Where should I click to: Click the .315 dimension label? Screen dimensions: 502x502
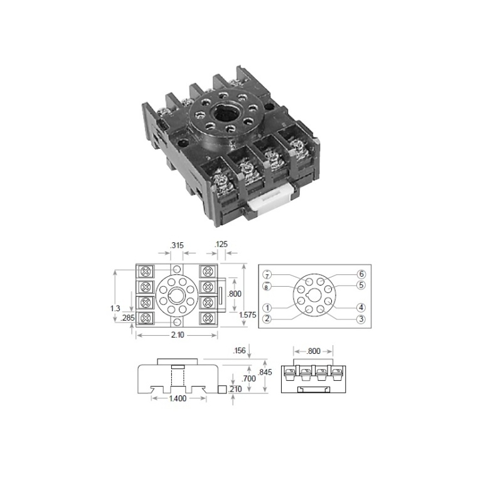coord(177,245)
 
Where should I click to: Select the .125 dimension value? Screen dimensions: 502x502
coord(221,244)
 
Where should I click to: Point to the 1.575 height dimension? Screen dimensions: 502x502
coord(247,315)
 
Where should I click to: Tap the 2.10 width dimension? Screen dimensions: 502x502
coord(178,335)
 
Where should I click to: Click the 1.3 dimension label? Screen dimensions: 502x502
coord(115,308)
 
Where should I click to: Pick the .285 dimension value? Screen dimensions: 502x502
coord(128,318)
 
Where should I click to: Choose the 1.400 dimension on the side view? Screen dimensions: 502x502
coord(178,398)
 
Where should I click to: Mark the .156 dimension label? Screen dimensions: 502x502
coord(239,351)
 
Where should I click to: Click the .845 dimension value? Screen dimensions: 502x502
coord(265,372)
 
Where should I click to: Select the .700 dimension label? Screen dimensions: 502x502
coord(248,379)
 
